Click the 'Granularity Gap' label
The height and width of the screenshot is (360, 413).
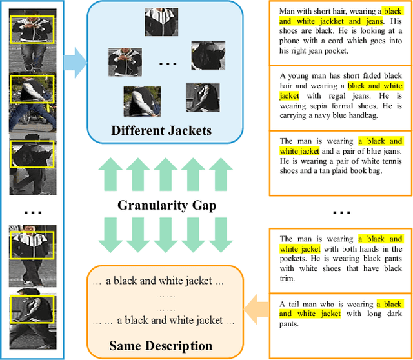166,206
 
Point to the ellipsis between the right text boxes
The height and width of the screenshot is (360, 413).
341,211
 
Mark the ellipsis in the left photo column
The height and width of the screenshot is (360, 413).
32,211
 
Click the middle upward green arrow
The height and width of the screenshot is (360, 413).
166,176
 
